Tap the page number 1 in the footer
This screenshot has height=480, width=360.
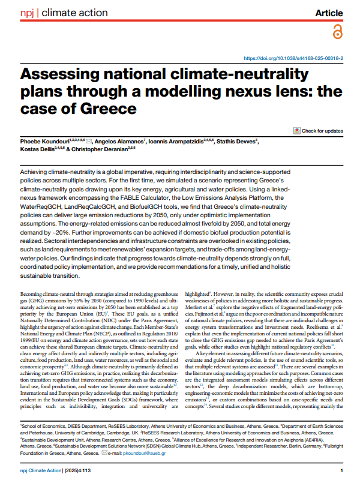click(x=340, y=470)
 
